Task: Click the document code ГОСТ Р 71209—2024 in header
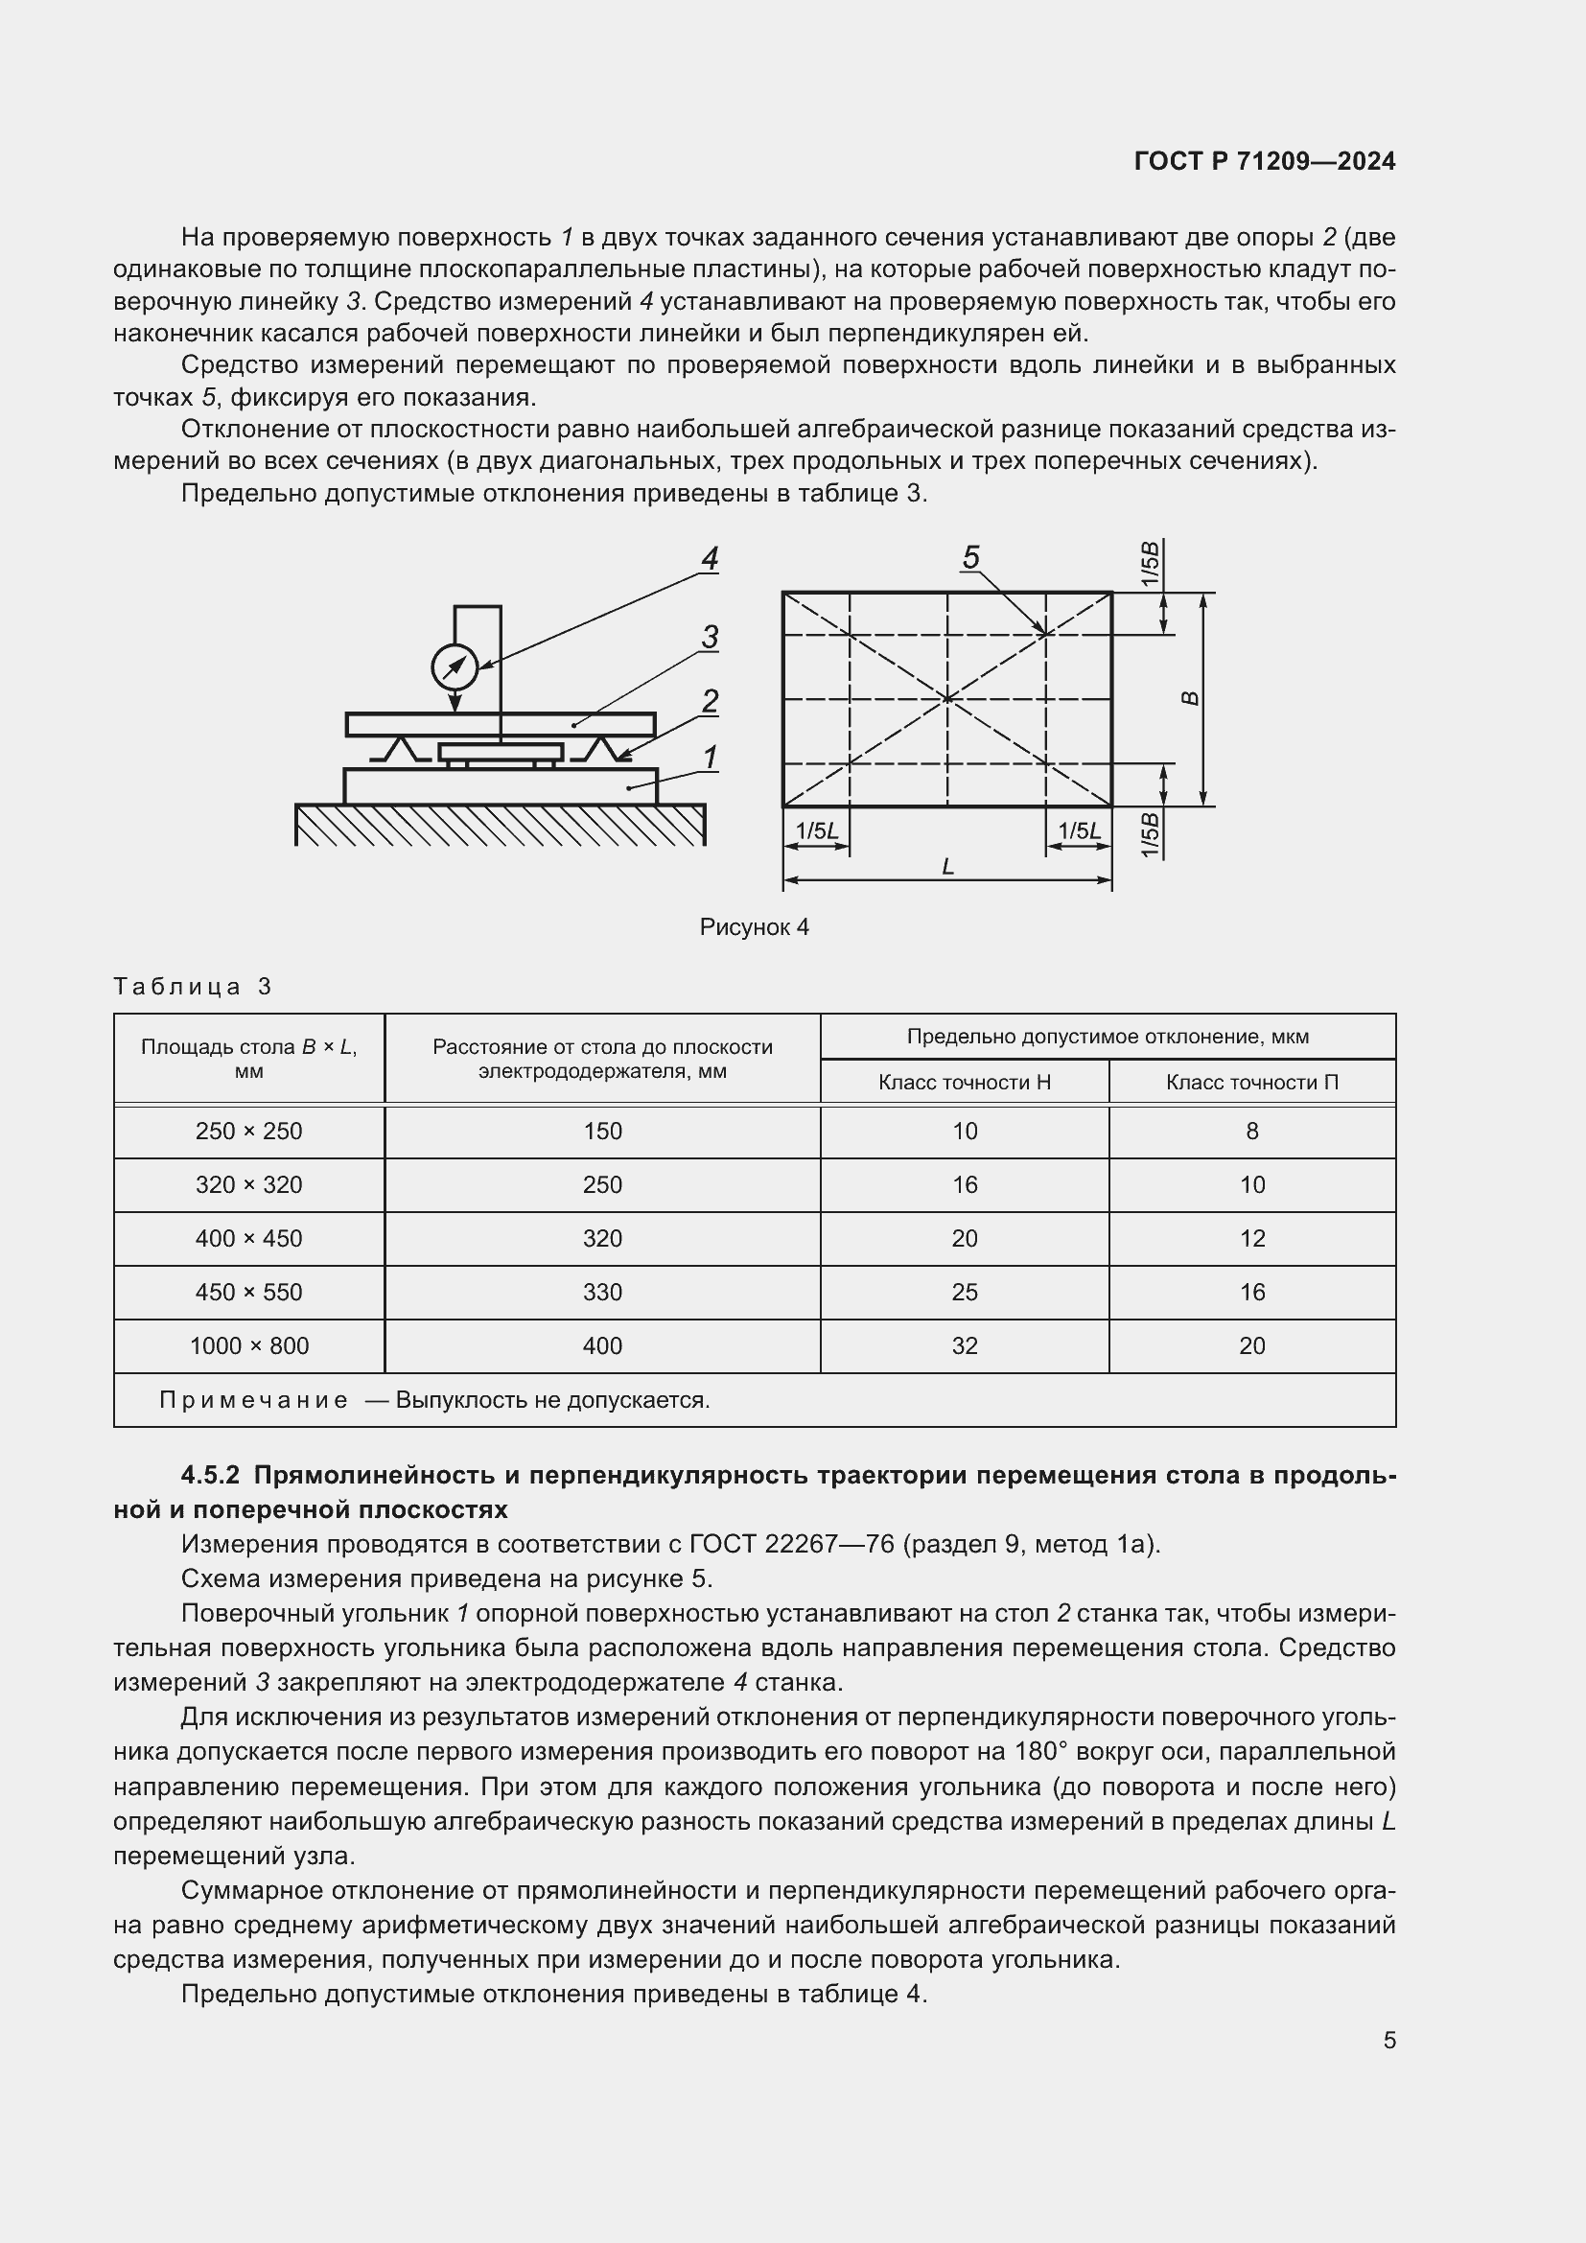click(x=1264, y=161)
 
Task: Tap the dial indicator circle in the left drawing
click(x=455, y=667)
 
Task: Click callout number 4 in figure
click(x=709, y=559)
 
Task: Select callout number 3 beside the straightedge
click(x=709, y=637)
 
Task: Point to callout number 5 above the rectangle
click(x=969, y=558)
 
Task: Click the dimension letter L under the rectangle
click(x=947, y=866)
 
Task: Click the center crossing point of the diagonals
click(x=947, y=698)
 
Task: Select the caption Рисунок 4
click(x=754, y=927)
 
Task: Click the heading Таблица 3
click(x=192, y=987)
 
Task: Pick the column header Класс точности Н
click(x=964, y=1083)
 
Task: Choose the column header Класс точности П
click(x=1251, y=1083)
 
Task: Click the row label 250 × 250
click(x=249, y=1132)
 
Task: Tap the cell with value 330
click(x=601, y=1293)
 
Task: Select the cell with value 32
click(x=964, y=1346)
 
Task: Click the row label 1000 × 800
click(x=249, y=1346)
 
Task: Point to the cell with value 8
click(x=1251, y=1132)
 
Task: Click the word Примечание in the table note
click(x=253, y=1401)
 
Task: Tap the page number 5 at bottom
click(x=1388, y=2041)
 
